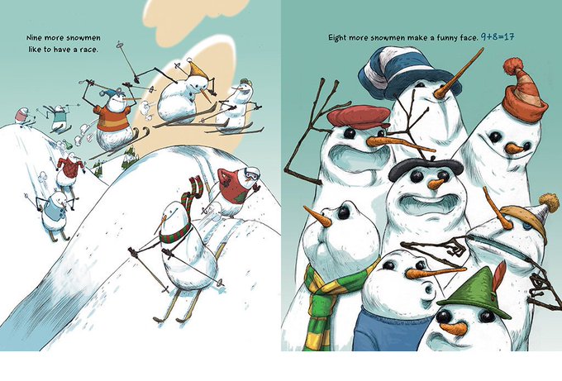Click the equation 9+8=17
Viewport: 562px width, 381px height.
[498, 36]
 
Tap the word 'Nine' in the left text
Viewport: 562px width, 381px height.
[35, 38]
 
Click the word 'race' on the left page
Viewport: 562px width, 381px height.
[89, 50]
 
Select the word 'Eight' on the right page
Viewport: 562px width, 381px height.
[337, 38]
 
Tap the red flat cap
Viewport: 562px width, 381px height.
[359, 117]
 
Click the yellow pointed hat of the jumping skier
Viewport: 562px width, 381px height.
[198, 69]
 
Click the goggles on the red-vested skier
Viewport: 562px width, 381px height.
[251, 175]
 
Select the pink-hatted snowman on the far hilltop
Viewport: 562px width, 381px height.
[23, 117]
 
